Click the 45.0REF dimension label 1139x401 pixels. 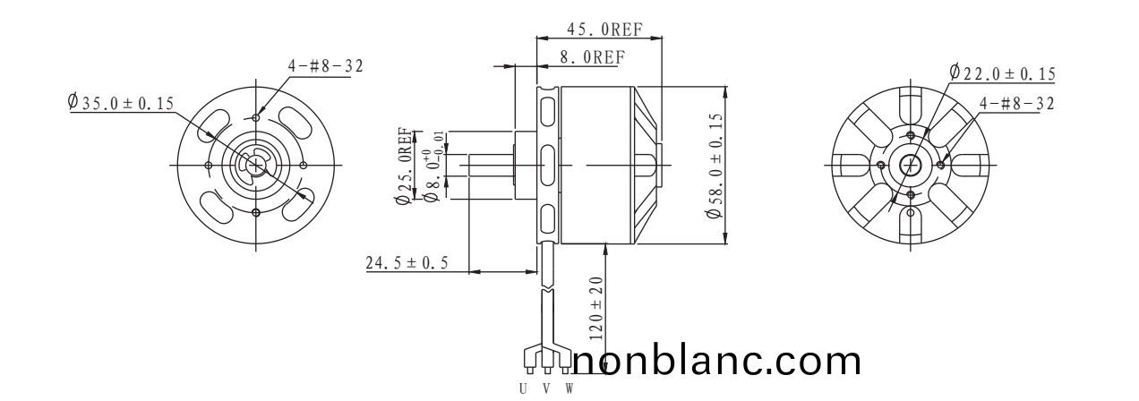(x=604, y=28)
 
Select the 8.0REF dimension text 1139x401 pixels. (x=591, y=56)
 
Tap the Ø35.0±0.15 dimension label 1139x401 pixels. (x=121, y=103)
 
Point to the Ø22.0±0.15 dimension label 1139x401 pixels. (x=1002, y=73)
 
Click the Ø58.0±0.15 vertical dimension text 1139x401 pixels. (x=715, y=166)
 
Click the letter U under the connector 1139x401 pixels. (x=524, y=388)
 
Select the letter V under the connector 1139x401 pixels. (x=546, y=388)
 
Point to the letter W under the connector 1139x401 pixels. (x=569, y=388)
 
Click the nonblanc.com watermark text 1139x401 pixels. (x=716, y=361)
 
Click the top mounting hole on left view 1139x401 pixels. (x=257, y=117)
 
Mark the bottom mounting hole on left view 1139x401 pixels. (x=257, y=212)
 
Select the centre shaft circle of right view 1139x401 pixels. (x=911, y=165)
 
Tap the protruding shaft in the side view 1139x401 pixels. (x=488, y=166)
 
